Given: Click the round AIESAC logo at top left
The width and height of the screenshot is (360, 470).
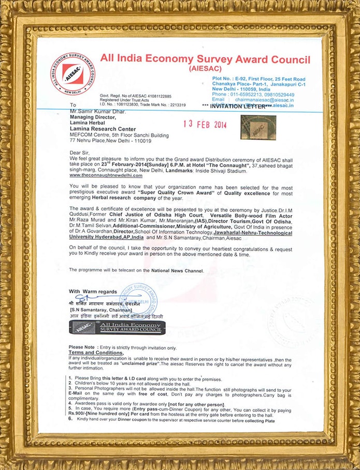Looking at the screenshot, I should [x=73, y=74].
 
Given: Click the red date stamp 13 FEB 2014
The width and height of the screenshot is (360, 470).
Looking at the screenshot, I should [x=206, y=125].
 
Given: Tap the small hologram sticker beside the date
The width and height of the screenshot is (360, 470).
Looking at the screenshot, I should [x=258, y=126].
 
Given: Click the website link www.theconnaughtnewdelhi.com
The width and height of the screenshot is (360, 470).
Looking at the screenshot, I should [x=106, y=175].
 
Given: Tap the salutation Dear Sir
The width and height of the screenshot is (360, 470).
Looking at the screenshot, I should [x=79, y=153].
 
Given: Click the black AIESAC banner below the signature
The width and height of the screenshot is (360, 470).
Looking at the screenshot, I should [x=117, y=327].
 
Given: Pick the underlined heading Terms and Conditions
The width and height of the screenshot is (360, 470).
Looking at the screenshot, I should [x=96, y=352].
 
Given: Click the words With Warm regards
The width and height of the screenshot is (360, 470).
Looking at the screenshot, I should [x=93, y=291].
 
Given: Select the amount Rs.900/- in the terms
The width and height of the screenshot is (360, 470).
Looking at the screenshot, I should [x=78, y=415].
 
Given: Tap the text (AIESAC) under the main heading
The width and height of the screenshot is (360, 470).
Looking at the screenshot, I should [x=206, y=68].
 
